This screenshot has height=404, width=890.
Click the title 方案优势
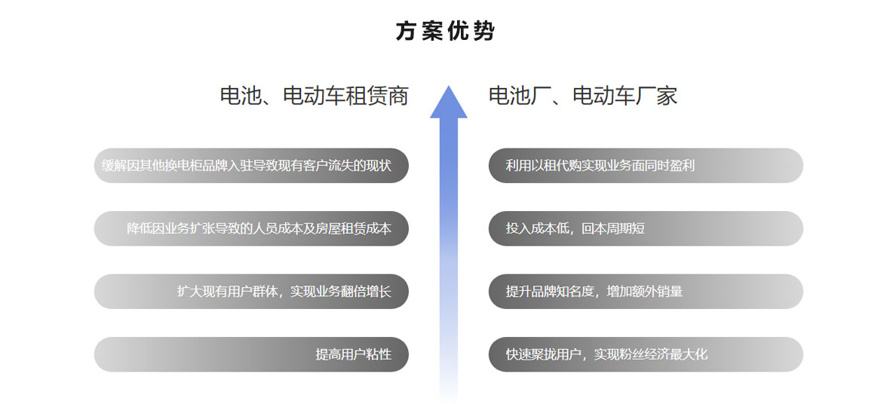pos(445,31)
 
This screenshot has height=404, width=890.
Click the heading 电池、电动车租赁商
pos(314,95)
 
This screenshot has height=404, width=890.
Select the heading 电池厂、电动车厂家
pos(583,95)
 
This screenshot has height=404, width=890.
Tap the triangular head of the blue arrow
pos(449,103)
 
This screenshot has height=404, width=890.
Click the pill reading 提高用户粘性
pos(251,355)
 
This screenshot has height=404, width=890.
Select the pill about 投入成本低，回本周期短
pos(646,228)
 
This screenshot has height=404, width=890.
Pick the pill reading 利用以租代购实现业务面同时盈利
pos(646,166)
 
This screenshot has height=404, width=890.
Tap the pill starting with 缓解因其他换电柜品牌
pos(251,166)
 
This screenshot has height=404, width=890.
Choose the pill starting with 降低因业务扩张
pos(251,228)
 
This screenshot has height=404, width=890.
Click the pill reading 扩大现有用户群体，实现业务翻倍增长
pos(251,292)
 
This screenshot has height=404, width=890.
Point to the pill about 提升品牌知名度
pos(646,292)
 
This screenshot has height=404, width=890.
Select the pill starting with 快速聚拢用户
pos(646,355)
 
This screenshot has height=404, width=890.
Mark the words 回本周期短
pos(614,228)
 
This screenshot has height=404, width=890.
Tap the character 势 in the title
pos(483,31)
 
